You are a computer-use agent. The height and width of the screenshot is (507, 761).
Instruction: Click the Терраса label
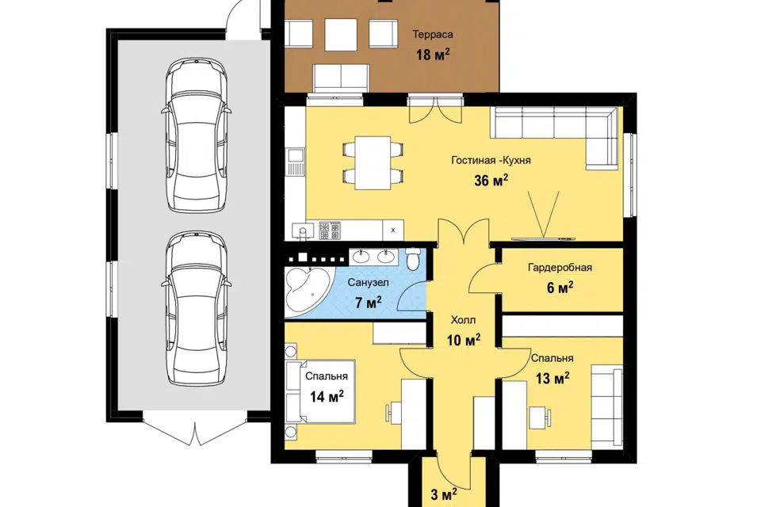[x=433, y=34]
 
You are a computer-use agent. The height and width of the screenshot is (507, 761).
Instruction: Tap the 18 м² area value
[x=433, y=54]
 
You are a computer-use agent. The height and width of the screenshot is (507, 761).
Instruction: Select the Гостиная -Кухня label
[x=491, y=160]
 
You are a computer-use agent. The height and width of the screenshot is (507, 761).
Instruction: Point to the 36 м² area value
[x=491, y=181]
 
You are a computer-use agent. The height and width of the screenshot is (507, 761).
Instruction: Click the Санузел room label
[x=368, y=282]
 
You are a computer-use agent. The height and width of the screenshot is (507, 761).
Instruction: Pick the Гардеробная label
[x=560, y=267]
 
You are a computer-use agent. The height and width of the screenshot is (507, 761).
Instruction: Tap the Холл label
[x=463, y=320]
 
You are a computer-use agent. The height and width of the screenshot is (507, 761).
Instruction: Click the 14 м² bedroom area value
[x=327, y=396]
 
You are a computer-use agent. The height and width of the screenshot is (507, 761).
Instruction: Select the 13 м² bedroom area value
[x=553, y=377]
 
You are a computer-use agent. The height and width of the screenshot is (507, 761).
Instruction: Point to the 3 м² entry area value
[x=444, y=495]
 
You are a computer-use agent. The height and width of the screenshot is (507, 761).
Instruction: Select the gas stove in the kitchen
[x=330, y=231]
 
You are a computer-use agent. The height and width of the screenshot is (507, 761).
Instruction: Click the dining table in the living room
[x=373, y=163]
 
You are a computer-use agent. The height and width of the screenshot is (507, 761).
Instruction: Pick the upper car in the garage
[x=197, y=135]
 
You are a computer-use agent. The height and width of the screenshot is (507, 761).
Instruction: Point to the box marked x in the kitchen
[x=393, y=230]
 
